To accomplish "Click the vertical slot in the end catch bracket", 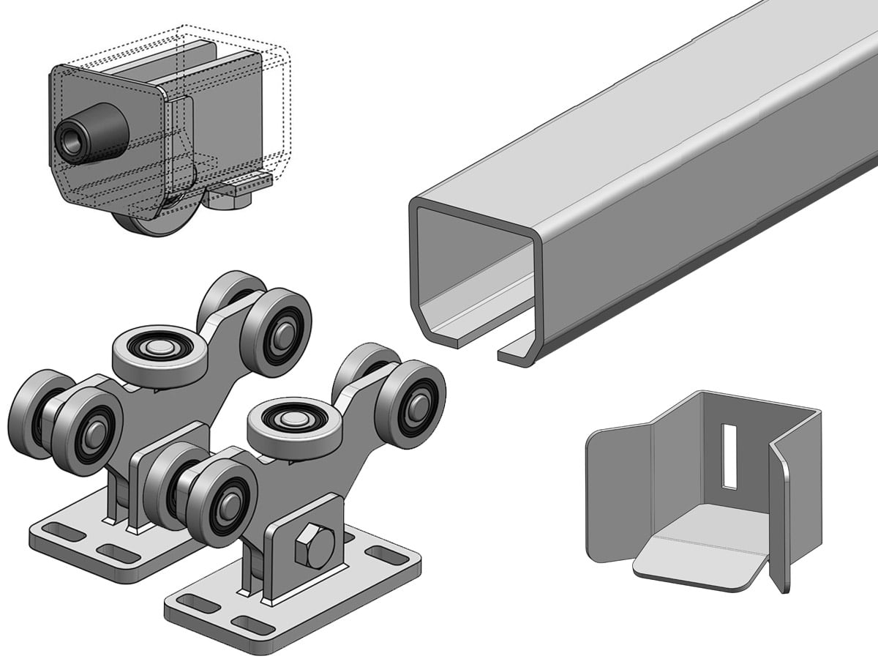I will [729, 455].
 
